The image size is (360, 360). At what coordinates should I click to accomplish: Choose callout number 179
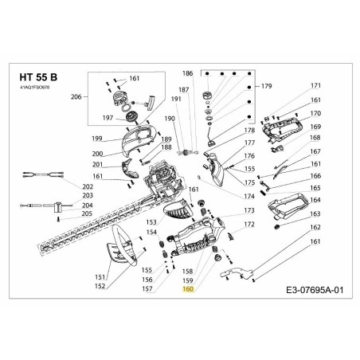coord(266,86)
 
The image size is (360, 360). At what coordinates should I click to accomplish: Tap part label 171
coord(315,86)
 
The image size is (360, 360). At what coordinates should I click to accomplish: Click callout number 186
coord(188,73)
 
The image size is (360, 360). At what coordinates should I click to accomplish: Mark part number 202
coord(88,186)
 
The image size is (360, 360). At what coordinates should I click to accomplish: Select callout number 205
coord(88,213)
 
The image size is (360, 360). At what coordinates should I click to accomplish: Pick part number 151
coord(100,276)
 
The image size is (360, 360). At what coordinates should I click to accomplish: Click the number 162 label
coord(315,227)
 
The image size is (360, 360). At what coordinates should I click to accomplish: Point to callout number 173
coord(249,210)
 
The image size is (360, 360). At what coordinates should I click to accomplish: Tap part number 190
coord(170,119)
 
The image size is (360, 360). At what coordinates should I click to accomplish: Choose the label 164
coord(315,200)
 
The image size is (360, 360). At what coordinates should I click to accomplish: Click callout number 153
coord(151,220)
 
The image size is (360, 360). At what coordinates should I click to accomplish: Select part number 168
coord(315,138)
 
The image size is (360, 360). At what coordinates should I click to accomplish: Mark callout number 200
coord(97,154)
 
